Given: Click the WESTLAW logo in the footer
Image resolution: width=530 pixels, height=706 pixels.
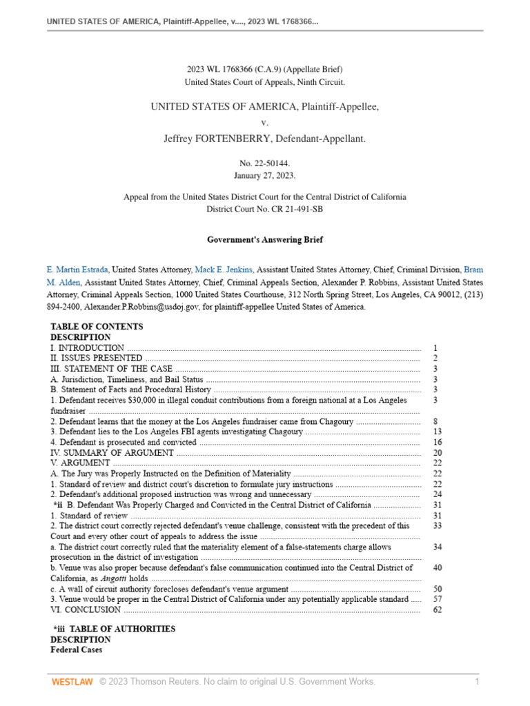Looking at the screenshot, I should coord(72,682).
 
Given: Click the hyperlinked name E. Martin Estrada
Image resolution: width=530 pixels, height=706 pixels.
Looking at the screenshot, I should coord(77,270).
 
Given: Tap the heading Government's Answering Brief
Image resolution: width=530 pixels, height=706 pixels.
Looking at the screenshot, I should coord(265,240).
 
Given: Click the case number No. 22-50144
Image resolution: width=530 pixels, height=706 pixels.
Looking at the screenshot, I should coord(265,163).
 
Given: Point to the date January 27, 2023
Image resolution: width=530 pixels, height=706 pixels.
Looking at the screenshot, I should coord(265,175).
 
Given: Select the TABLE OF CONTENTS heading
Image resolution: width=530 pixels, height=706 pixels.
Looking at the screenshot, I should coord(97,327).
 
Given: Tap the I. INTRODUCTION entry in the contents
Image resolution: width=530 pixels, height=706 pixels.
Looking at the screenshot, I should coord(88,348).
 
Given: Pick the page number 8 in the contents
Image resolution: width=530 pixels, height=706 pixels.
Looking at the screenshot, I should coord(435,421).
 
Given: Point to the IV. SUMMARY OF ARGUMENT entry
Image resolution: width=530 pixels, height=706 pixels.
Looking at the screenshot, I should coord(112,453).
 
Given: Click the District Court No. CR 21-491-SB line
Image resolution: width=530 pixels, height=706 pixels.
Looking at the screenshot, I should coord(265,208).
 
